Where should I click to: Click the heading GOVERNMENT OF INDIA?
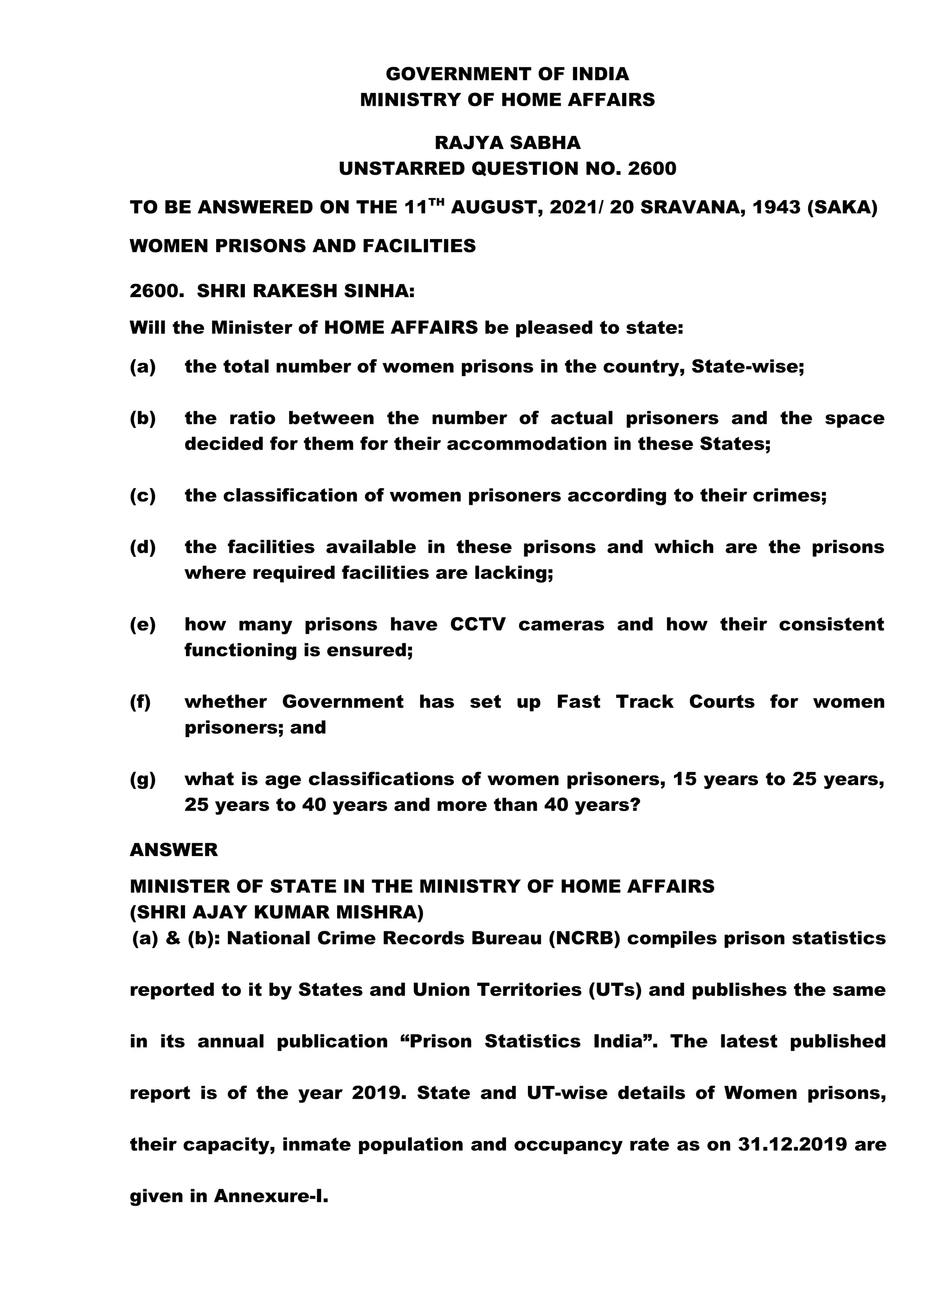(x=507, y=74)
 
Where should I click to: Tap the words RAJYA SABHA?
(x=507, y=142)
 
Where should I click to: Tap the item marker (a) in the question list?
(x=142, y=367)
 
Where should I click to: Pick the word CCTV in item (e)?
(x=477, y=624)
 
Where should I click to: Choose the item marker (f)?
(x=140, y=702)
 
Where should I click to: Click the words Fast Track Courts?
(x=655, y=702)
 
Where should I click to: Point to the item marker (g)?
(x=142, y=780)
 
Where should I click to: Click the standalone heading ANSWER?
(x=173, y=850)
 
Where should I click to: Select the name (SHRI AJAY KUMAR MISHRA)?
(x=276, y=912)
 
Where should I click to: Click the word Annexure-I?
(x=271, y=1197)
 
